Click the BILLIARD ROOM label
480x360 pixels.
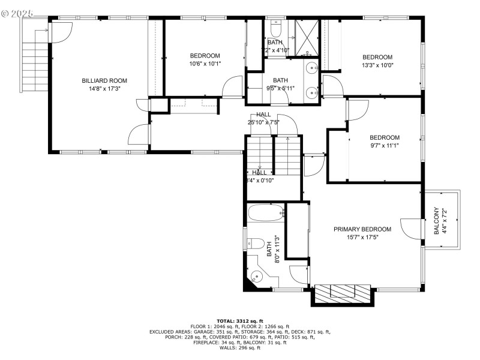(x=104, y=80)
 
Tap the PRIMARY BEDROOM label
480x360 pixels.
(x=362, y=229)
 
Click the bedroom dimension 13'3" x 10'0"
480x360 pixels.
(x=377, y=65)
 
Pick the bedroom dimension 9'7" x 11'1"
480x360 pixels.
(x=384, y=145)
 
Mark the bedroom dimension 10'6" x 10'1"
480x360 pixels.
(x=205, y=64)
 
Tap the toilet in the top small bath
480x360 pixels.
(x=276, y=29)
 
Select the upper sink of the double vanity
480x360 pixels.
(x=312, y=68)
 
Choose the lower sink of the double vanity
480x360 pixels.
(x=312, y=92)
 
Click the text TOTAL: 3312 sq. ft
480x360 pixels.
(x=240, y=321)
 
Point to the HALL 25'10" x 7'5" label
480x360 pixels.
(x=263, y=118)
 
